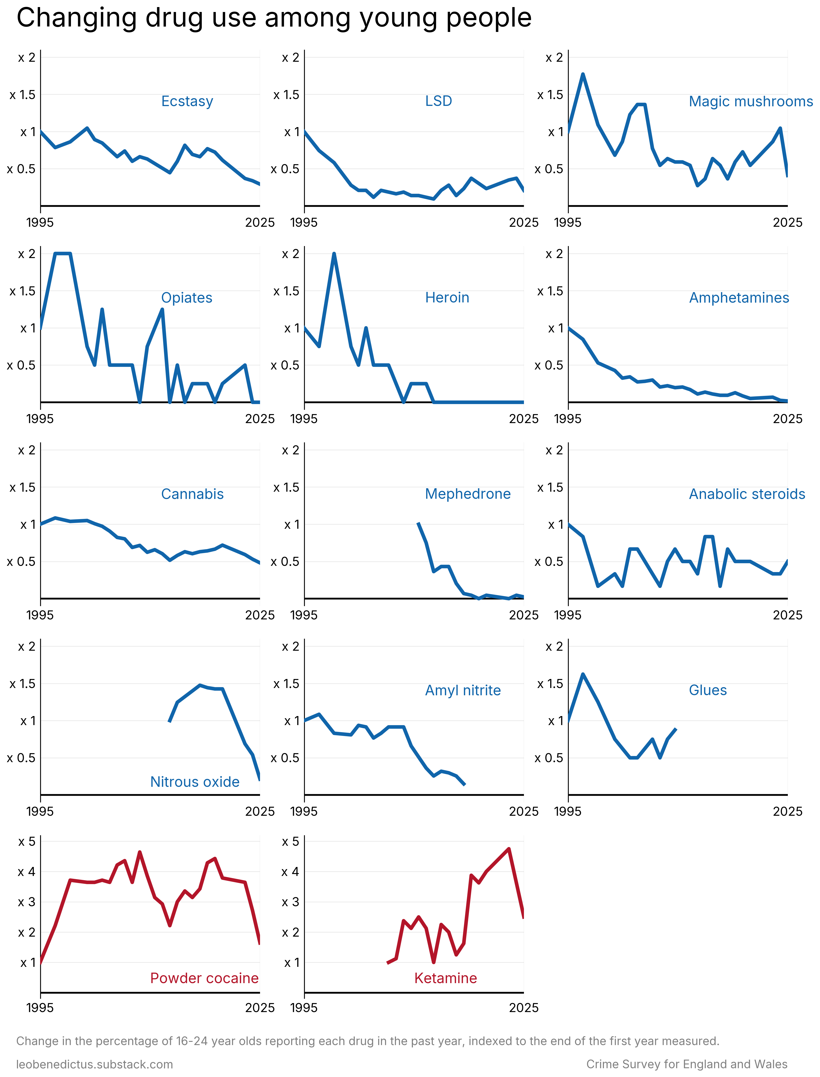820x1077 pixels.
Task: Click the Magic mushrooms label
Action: [750, 102]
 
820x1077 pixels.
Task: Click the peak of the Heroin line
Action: [334, 254]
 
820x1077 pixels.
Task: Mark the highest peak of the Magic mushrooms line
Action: [583, 74]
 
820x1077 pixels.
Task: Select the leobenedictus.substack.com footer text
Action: [95, 1064]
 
